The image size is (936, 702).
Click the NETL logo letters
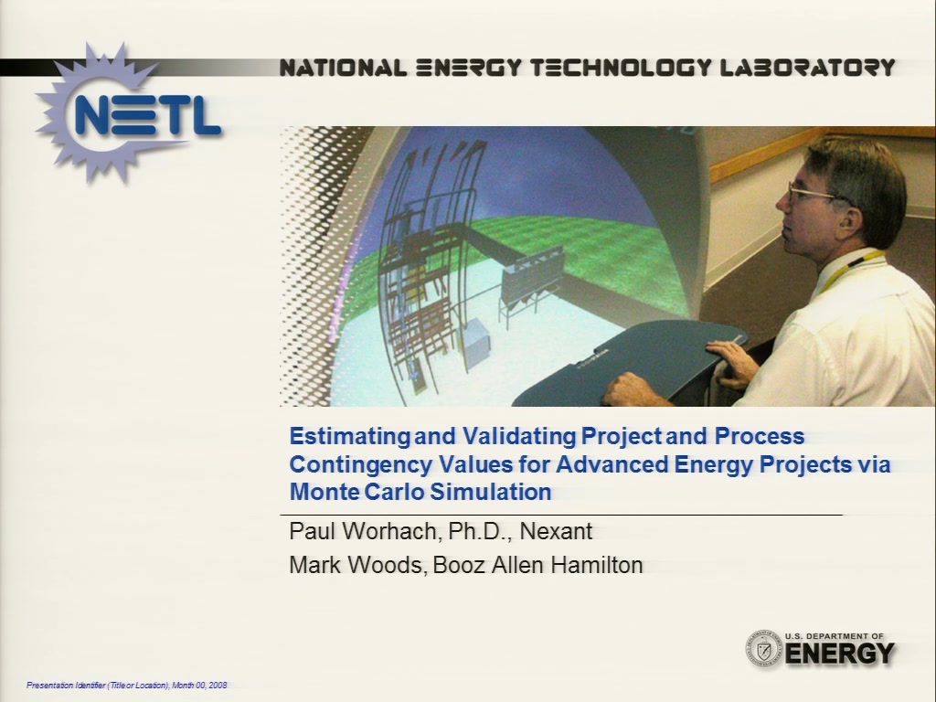coord(146,115)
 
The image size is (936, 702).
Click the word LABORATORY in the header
coord(808,68)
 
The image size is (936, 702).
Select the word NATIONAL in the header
coord(344,68)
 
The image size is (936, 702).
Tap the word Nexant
coord(557,531)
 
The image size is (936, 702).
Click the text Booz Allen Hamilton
coord(537,565)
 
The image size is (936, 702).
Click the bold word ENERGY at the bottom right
coord(840,654)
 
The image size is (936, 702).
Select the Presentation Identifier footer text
coord(126,686)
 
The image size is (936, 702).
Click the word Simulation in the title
coord(491,492)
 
